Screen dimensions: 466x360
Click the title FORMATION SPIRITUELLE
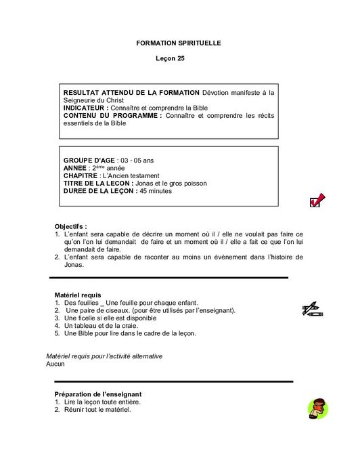pos(179,43)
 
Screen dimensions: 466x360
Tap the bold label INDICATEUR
pos(85,108)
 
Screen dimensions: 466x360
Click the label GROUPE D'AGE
pos(89,161)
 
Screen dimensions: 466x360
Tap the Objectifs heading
pos(70,226)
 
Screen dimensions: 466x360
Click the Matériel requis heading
pos(77,295)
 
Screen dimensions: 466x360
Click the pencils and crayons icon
pos(312,309)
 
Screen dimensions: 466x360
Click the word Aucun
pos(55,364)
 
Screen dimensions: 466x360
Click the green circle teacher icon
pos(317,408)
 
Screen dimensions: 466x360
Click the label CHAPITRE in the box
pos(81,175)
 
